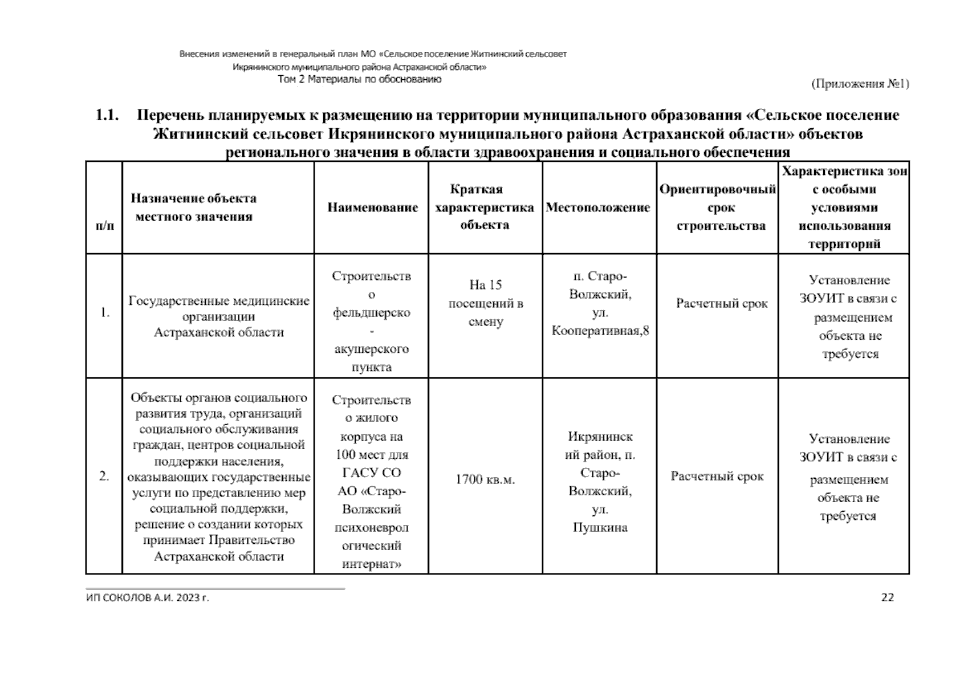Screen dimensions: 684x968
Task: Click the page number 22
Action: (x=887, y=597)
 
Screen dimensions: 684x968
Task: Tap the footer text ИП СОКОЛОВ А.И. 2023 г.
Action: (x=148, y=598)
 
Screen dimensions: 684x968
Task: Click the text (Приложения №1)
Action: (x=860, y=84)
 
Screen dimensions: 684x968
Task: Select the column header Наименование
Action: (x=372, y=207)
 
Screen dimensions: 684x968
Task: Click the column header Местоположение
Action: (x=597, y=207)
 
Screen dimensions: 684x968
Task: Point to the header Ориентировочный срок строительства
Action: (x=718, y=207)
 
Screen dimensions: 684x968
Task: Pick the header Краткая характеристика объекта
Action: (x=485, y=207)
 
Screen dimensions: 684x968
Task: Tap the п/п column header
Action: (x=104, y=226)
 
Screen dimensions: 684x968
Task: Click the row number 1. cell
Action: (x=105, y=312)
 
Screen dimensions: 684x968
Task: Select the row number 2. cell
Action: (x=104, y=477)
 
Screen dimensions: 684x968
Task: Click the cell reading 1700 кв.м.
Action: (x=485, y=479)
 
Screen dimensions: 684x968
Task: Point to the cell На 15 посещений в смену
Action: (x=485, y=303)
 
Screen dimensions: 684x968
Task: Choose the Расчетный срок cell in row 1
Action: (x=722, y=303)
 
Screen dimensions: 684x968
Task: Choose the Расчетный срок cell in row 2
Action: (x=717, y=477)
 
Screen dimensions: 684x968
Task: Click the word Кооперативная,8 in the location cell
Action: (x=600, y=331)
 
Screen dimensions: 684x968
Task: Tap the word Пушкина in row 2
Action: (x=600, y=527)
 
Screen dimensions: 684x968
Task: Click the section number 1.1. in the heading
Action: (x=107, y=116)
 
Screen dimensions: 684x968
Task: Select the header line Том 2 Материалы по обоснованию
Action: (x=359, y=80)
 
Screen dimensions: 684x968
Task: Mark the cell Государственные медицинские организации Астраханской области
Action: (x=218, y=316)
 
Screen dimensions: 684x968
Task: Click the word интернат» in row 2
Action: (x=371, y=564)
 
